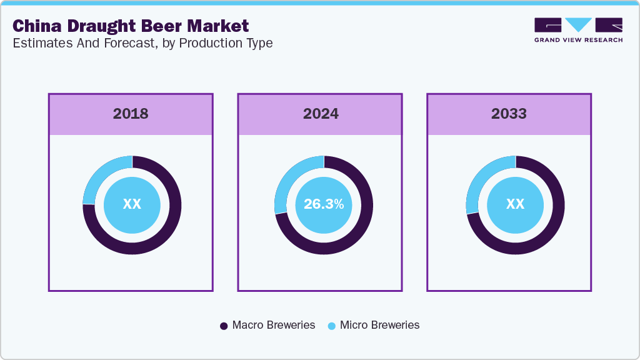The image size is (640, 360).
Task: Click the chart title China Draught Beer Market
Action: click(x=131, y=26)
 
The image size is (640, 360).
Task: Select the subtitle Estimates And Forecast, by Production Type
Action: click(x=142, y=44)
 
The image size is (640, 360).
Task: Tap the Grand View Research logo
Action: click(x=578, y=30)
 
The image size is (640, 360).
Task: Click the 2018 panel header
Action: click(x=131, y=114)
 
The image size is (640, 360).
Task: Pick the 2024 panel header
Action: click(x=321, y=114)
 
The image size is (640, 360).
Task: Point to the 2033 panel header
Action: click(x=509, y=114)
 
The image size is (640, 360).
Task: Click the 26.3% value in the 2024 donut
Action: click(x=323, y=204)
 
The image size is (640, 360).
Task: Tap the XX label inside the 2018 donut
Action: click(x=132, y=204)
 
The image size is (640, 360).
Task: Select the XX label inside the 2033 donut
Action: click(x=515, y=204)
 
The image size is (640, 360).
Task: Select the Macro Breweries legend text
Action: click(x=273, y=325)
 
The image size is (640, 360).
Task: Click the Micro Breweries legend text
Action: click(x=379, y=325)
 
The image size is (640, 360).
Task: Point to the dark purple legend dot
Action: click(x=224, y=326)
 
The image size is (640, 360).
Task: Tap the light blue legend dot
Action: click(x=332, y=326)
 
